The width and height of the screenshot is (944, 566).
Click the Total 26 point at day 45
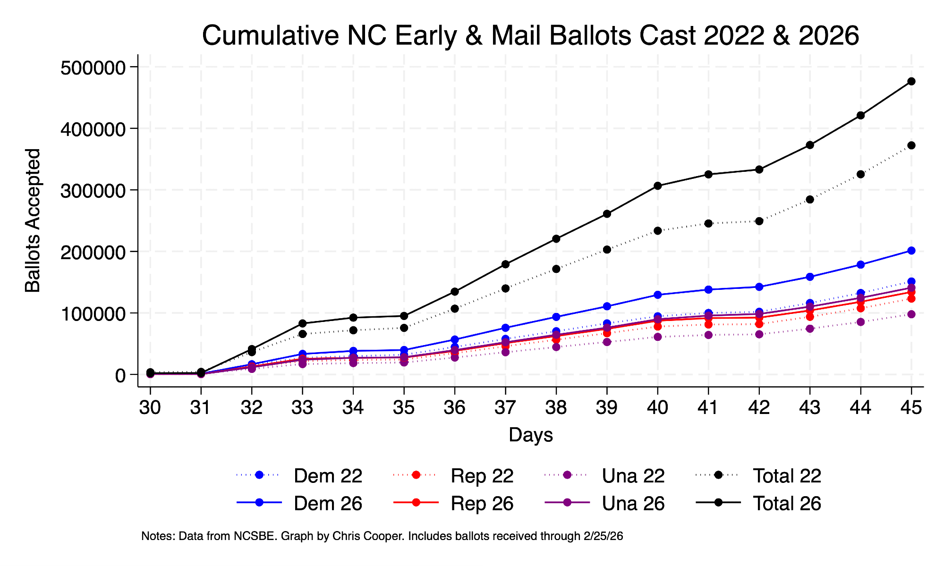911,81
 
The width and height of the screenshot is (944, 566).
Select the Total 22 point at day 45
911,145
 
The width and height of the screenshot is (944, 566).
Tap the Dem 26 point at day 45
911,251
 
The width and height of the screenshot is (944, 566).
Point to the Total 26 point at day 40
658,186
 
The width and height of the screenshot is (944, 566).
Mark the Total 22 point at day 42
759,221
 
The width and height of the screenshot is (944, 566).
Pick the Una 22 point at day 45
911,314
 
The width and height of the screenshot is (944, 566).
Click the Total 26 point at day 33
303,323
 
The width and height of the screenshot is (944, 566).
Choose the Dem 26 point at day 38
556,317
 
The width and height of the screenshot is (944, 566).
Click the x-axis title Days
531,435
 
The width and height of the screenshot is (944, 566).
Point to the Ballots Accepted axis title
33,220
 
